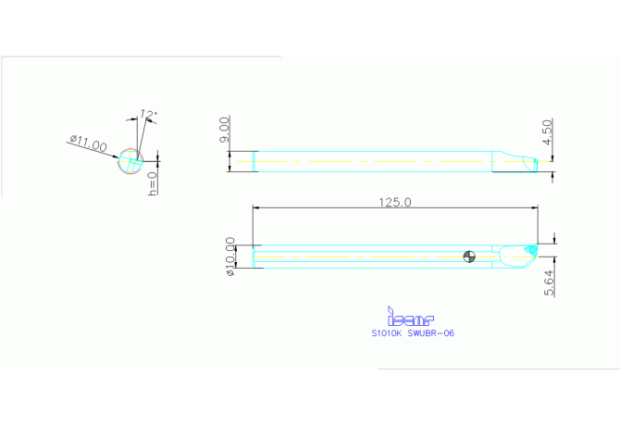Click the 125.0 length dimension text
(395, 202)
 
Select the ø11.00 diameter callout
(88, 144)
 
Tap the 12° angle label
(149, 115)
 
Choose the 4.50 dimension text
(548, 132)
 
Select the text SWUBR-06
(431, 332)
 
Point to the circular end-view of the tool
(130, 162)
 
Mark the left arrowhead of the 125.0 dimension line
(254, 208)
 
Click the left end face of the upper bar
(254, 161)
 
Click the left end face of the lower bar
(254, 257)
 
